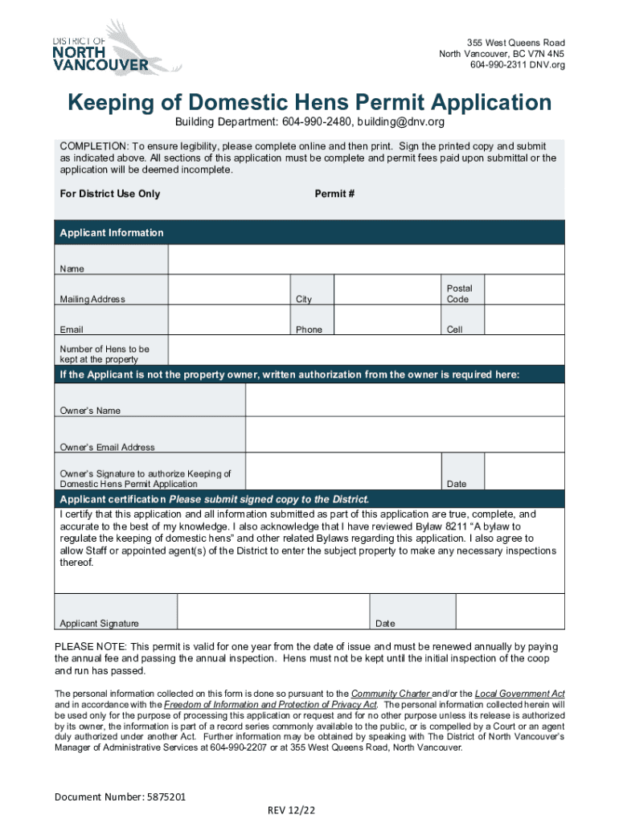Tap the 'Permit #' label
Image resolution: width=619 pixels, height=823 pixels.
click(334, 194)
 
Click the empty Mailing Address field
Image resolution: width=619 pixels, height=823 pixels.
click(228, 291)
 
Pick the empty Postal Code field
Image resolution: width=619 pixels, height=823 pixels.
click(525, 291)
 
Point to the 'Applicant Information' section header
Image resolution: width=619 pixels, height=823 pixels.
click(112, 233)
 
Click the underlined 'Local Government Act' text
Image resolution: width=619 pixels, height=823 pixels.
click(519, 693)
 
